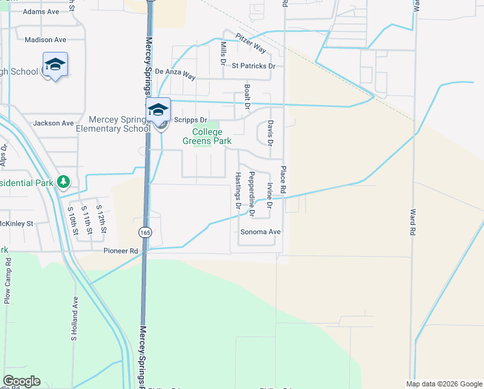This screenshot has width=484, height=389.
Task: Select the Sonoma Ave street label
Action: (x=261, y=231)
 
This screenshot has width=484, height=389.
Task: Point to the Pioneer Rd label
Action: (x=120, y=250)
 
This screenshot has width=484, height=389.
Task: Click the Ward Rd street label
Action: (x=412, y=221)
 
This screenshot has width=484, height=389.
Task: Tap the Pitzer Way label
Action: (x=251, y=44)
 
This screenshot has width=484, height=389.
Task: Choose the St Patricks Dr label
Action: (x=254, y=66)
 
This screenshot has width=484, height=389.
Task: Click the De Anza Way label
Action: (x=175, y=75)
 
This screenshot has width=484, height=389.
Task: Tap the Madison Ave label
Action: (x=46, y=40)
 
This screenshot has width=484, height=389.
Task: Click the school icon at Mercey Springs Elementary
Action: (x=159, y=110)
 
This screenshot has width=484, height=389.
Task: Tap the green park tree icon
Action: (x=63, y=181)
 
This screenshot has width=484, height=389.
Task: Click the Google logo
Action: (x=21, y=381)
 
